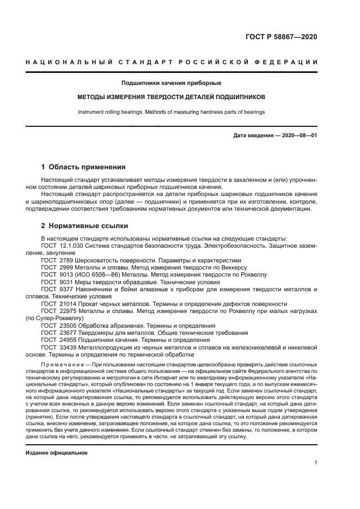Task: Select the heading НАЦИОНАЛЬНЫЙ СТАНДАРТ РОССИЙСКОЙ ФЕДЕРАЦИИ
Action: [x=172, y=62]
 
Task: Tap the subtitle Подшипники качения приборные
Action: [x=171, y=83]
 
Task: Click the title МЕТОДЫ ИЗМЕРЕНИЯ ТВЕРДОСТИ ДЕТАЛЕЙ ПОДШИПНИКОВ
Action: [x=171, y=97]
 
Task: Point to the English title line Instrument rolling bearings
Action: [x=171, y=112]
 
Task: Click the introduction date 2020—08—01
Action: [x=298, y=135]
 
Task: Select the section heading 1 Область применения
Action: [x=83, y=167]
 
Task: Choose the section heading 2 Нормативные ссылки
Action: [x=85, y=225]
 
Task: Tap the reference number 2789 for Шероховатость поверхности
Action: [x=68, y=261]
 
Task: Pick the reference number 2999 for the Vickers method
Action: [x=68, y=268]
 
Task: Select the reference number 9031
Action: [x=68, y=282]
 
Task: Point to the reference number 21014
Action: [x=70, y=303]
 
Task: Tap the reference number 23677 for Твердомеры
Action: [x=70, y=332]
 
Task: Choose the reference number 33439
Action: [x=70, y=346]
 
